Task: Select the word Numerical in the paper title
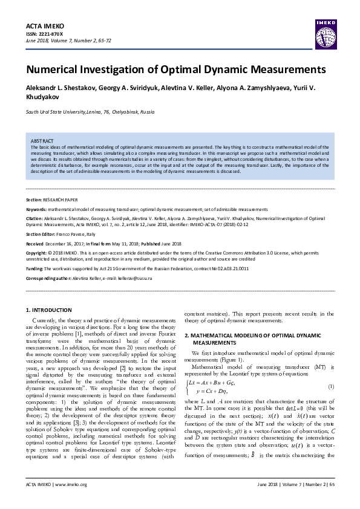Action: pyautogui.click(x=61, y=69)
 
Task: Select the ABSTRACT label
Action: pyautogui.click(x=42, y=140)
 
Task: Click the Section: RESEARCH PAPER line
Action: pyautogui.click(x=51, y=199)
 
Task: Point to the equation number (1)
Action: pyautogui.click(x=330, y=386)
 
